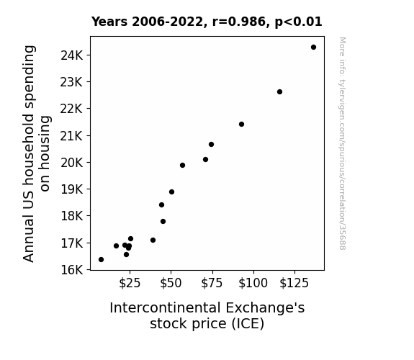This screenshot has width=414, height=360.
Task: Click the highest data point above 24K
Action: coord(313,48)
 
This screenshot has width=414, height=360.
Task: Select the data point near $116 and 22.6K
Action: coord(279,92)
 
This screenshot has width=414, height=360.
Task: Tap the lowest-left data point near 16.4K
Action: coord(101,260)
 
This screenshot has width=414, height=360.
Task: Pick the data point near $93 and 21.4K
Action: coord(241,124)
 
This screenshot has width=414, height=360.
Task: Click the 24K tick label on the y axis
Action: coord(72,55)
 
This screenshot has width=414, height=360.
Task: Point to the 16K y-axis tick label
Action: coord(72,270)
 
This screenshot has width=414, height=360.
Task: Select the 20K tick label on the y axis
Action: coord(72,163)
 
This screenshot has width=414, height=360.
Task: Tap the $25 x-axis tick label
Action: coord(130,284)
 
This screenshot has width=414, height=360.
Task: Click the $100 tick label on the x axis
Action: coord(253,284)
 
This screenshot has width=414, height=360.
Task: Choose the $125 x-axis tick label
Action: coord(294,284)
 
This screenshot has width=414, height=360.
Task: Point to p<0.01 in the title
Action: coord(298,22)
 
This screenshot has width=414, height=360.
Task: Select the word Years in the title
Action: coord(109,22)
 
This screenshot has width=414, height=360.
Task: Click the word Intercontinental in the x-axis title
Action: coord(165,308)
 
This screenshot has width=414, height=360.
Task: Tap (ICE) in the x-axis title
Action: coord(248,324)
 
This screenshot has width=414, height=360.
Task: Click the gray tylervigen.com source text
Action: coord(342,143)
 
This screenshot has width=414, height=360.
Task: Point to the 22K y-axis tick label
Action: coord(72,109)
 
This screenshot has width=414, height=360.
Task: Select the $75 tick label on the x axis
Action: coord(212,284)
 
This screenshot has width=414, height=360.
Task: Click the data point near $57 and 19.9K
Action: coord(182,166)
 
